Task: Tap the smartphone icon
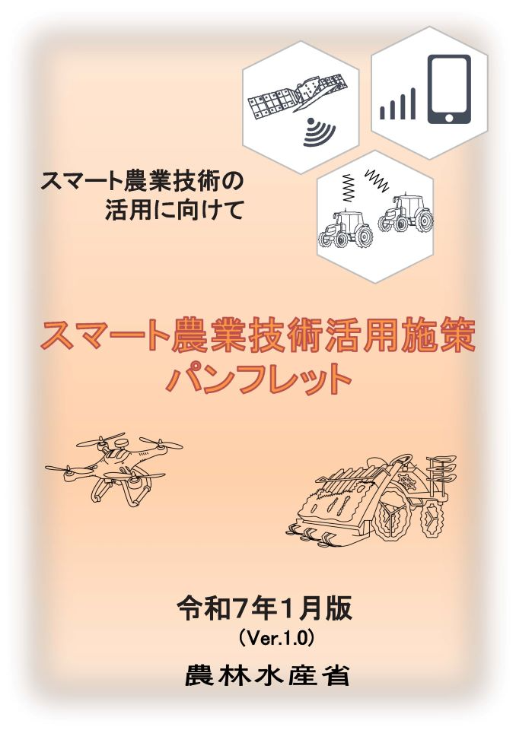[448, 89]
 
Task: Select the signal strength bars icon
[398, 105]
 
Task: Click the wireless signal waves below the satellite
[318, 132]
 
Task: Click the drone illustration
[113, 467]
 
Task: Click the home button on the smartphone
[448, 118]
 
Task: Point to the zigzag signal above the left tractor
[348, 186]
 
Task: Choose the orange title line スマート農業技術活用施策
[260, 338]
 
